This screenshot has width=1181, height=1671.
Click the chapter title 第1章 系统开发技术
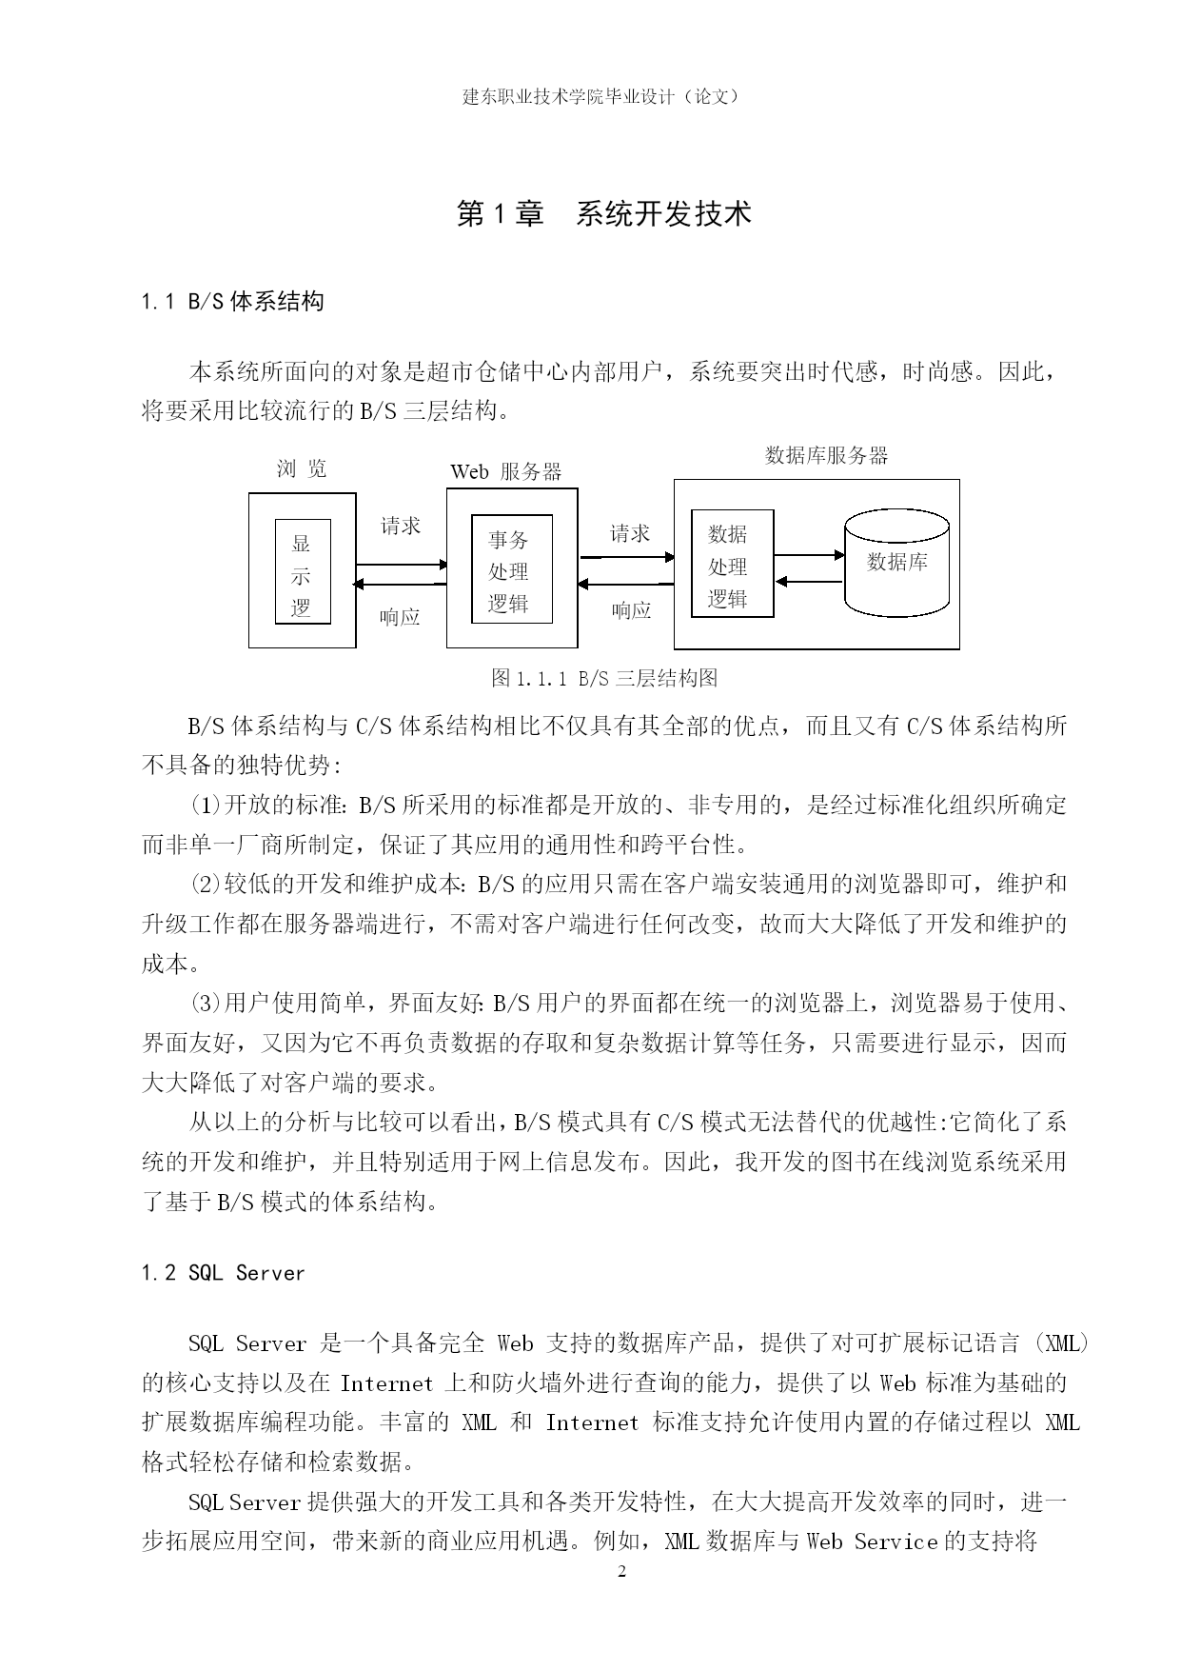[x=603, y=214]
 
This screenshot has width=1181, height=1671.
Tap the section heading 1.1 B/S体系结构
[x=232, y=302]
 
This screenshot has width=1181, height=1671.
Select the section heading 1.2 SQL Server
[x=223, y=1273]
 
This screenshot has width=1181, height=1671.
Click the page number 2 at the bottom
[x=622, y=1570]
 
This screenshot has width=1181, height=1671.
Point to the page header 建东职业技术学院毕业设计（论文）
[x=600, y=96]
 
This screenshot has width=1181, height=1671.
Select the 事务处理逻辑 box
[x=512, y=570]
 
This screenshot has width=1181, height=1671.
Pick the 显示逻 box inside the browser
[x=303, y=572]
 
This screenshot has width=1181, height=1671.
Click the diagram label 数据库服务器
[x=826, y=455]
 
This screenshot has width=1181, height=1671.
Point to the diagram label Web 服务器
[x=505, y=471]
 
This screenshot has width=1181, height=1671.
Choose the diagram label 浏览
[x=302, y=467]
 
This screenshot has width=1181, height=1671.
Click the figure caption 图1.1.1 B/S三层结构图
[x=603, y=678]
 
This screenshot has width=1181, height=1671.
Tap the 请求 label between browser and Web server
[x=401, y=526]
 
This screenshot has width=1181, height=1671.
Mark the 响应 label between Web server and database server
[x=631, y=610]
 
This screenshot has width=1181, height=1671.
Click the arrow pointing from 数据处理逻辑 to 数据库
[x=809, y=554]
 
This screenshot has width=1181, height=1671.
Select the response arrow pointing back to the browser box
[x=401, y=584]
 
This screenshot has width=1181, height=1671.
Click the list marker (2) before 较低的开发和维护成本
[x=207, y=884]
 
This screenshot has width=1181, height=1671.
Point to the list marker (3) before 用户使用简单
[x=207, y=1003]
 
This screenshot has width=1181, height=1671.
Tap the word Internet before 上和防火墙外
[x=386, y=1383]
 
